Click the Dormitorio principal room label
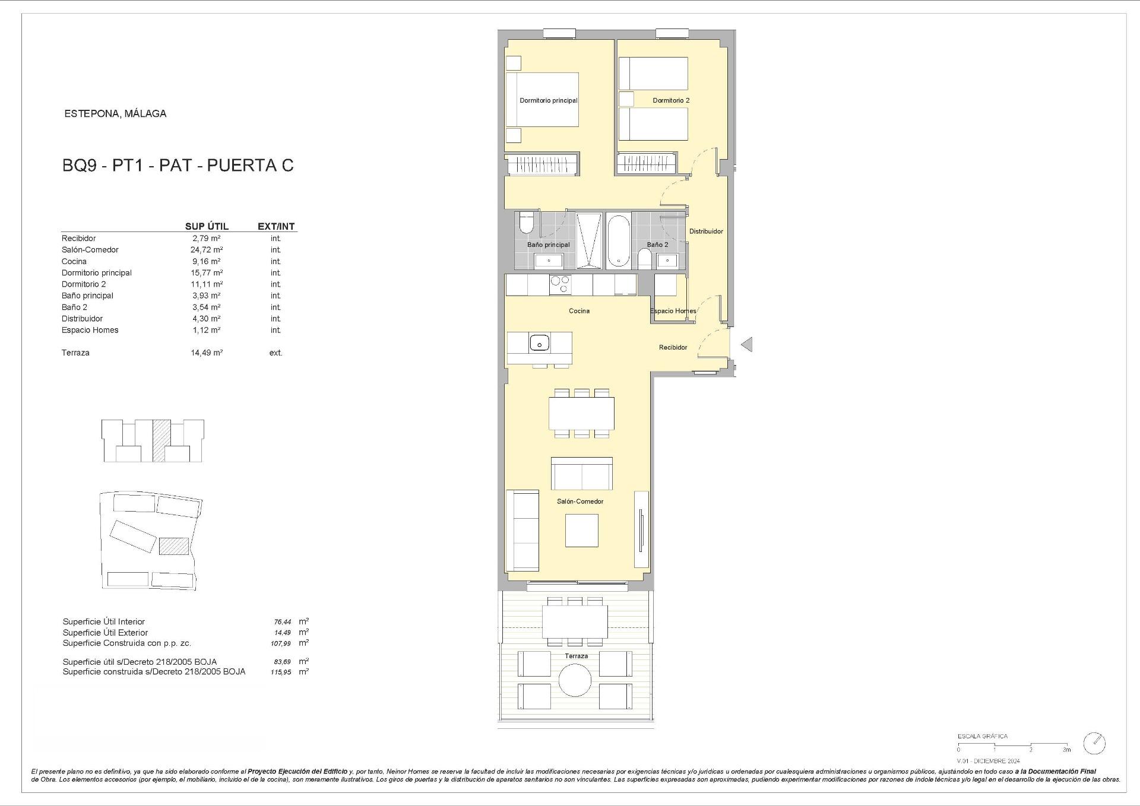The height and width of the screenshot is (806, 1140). (549, 100)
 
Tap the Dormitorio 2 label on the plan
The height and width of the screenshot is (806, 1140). (671, 100)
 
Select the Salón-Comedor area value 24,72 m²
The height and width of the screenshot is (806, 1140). (207, 250)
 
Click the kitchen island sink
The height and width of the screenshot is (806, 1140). (540, 342)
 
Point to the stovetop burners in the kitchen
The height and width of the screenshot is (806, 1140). (560, 285)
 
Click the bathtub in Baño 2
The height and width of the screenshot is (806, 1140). (618, 241)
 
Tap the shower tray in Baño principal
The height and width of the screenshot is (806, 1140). (588, 240)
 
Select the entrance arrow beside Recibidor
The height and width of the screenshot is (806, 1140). (746, 344)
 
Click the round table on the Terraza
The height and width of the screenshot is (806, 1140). (575, 680)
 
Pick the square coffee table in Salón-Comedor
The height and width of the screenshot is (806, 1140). (581, 530)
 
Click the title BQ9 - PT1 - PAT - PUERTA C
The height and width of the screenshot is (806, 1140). (178, 166)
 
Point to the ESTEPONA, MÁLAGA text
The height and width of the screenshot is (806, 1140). (115, 113)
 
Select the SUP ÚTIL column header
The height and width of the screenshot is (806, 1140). (207, 226)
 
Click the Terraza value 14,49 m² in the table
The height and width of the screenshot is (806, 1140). (207, 353)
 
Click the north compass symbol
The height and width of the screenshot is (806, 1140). (1094, 743)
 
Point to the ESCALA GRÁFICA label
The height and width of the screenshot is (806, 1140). (983, 737)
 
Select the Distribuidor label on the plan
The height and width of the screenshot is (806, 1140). (706, 231)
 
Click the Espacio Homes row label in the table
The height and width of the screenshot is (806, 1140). (90, 330)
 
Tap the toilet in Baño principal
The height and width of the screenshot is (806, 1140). (527, 224)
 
